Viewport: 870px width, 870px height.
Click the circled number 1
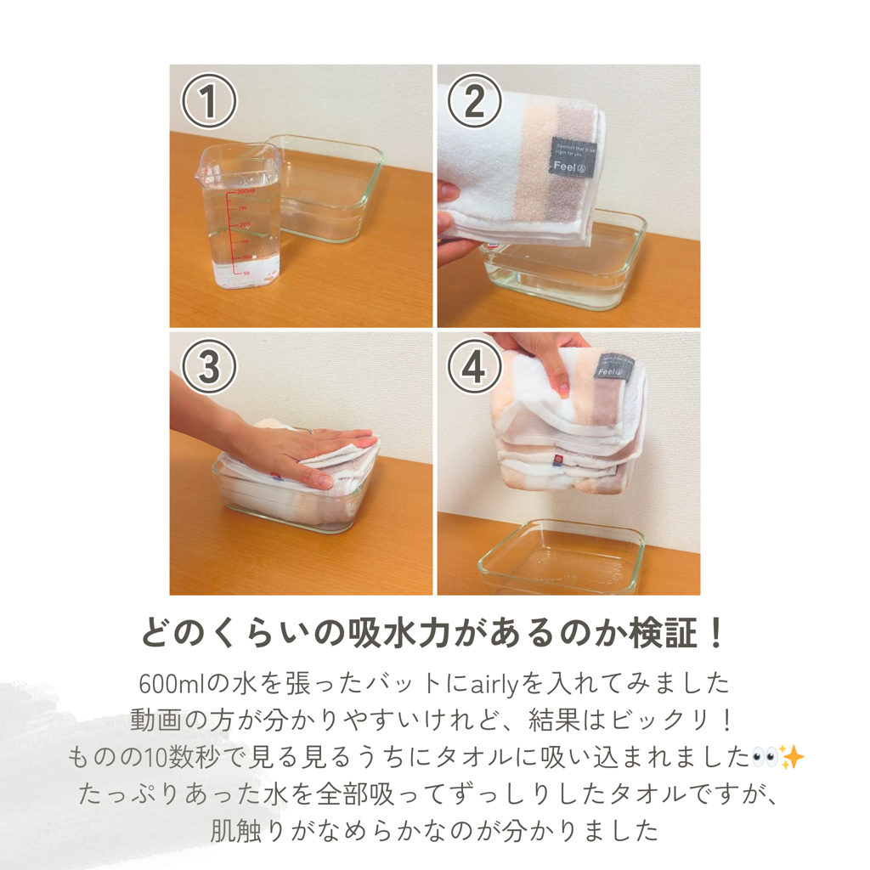[208, 102]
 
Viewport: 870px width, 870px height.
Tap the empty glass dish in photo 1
[327, 187]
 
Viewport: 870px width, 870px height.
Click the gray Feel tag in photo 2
[569, 158]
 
